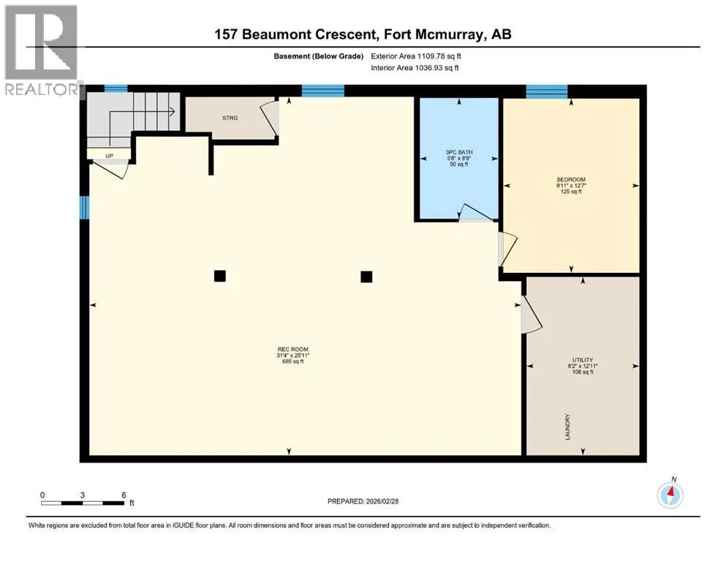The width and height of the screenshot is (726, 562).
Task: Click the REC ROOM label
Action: point(292,349)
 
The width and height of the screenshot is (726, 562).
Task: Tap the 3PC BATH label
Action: point(459,152)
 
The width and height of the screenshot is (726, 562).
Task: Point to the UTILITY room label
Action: point(583,360)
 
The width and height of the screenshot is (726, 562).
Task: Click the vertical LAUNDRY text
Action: point(567,427)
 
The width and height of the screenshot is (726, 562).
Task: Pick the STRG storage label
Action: point(230,118)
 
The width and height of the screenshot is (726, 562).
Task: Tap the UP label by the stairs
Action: point(109,156)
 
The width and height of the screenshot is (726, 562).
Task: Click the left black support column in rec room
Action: point(220,276)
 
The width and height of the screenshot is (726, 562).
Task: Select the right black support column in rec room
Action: point(366,277)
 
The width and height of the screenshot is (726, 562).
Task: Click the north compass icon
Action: point(670,495)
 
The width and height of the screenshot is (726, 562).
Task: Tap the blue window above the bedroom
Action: point(547,91)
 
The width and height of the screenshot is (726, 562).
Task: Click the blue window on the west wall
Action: point(84,207)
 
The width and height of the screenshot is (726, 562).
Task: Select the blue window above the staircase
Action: point(116,89)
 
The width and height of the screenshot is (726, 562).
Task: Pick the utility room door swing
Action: point(531,315)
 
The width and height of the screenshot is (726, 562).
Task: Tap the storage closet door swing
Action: point(270,119)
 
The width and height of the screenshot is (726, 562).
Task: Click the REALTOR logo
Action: point(42,50)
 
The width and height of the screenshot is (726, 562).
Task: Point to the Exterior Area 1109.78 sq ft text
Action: point(416,56)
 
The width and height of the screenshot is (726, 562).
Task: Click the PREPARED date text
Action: point(363,501)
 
